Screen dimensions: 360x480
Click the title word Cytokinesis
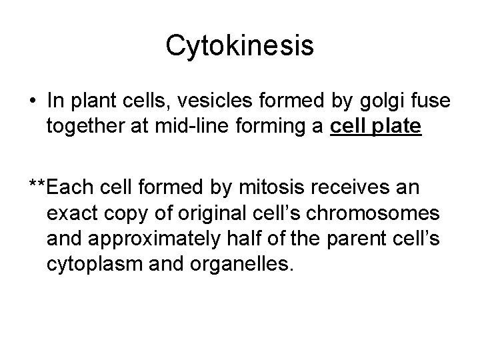click(x=239, y=45)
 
